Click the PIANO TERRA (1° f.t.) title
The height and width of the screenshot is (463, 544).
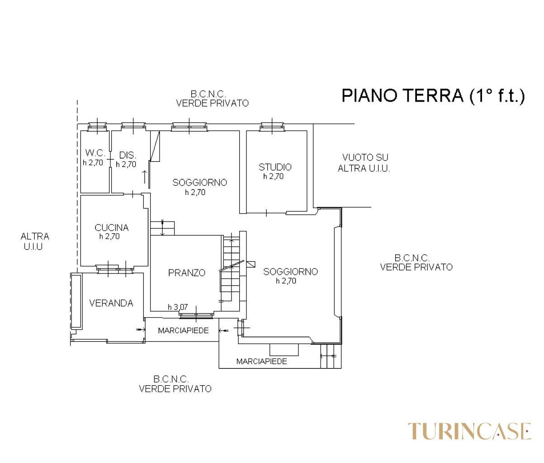click(x=433, y=95)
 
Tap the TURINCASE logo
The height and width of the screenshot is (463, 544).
click(x=469, y=431)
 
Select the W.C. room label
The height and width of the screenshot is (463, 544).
click(x=95, y=153)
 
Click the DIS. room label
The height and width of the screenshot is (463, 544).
click(x=128, y=155)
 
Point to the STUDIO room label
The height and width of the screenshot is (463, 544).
click(x=275, y=167)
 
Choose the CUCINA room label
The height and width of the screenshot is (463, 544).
click(x=112, y=228)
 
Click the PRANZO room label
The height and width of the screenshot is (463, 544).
click(x=187, y=273)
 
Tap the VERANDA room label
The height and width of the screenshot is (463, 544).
click(x=111, y=303)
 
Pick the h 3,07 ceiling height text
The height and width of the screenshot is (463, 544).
click(x=178, y=307)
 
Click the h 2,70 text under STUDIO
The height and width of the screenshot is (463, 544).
click(x=274, y=176)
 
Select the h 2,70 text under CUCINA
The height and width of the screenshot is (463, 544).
click(x=109, y=236)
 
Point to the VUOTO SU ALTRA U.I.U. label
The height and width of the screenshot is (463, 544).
click(x=364, y=163)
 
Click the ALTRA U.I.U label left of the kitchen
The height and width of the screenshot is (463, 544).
click(x=35, y=241)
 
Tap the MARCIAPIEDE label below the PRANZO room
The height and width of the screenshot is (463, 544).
click(x=183, y=331)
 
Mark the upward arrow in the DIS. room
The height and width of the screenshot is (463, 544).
click(x=145, y=177)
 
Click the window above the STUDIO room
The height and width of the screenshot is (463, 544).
click(x=272, y=127)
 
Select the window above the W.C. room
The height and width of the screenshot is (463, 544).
click(x=97, y=127)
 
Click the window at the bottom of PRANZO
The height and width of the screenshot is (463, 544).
click(x=196, y=315)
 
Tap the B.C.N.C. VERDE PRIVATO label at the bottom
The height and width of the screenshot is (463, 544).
click(x=175, y=384)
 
